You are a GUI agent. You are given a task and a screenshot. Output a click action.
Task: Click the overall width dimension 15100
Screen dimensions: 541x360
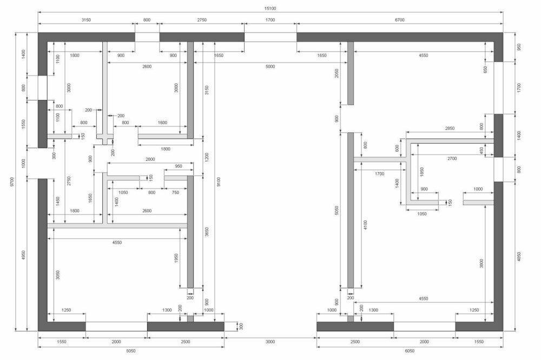coord(270,8)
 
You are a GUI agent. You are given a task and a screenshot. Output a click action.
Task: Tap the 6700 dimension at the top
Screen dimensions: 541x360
coord(399,20)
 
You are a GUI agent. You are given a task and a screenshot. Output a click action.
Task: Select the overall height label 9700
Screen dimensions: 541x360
coord(12,181)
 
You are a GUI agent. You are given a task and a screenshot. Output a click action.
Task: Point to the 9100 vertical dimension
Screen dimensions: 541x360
coord(219,181)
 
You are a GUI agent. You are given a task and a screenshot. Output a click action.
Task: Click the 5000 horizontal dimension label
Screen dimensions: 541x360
coord(270,66)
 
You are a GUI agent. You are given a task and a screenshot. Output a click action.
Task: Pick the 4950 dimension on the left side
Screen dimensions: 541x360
coord(23,255)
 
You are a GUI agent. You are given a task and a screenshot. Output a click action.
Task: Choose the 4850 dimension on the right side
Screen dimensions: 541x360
coord(519,257)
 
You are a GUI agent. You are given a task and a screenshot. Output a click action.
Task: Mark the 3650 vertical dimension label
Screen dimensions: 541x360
coord(207,232)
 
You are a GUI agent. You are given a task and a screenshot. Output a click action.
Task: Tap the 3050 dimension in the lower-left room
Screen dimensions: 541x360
coord(58,275)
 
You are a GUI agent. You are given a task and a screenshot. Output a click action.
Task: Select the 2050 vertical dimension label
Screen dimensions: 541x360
coord(337,73)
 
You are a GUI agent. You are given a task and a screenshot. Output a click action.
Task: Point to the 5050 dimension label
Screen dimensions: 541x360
coord(337,210)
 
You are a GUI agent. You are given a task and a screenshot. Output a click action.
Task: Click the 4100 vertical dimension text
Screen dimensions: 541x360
coord(365,225)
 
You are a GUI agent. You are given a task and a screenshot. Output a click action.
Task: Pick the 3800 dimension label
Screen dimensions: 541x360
coord(481,264)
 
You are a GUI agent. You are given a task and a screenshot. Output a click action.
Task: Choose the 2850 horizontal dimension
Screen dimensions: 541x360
coord(450,128)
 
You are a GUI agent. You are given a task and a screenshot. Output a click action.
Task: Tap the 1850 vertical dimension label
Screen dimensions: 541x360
coord(421,172)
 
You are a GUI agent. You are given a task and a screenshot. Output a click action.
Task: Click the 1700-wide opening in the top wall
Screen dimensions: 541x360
coord(270,37)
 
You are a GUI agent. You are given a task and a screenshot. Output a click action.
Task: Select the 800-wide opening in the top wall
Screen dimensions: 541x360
coord(147,37)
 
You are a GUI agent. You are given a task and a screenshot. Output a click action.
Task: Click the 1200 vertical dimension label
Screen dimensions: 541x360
coord(207,158)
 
